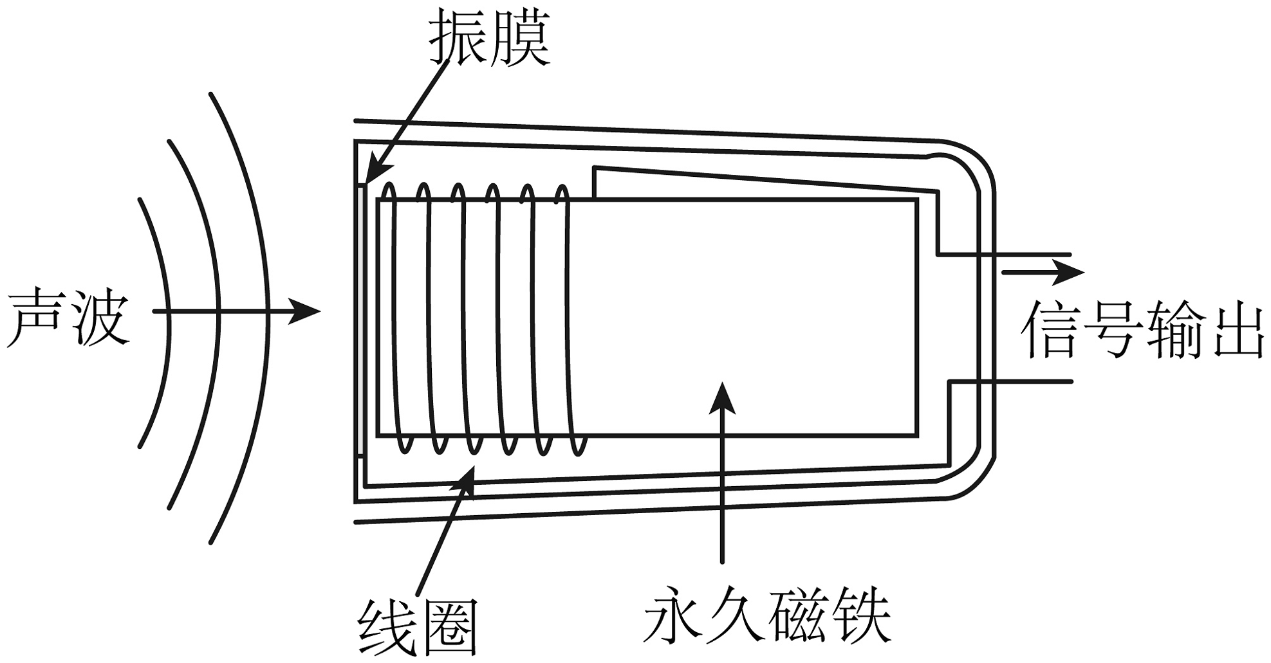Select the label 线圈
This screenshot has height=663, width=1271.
pyautogui.click(x=419, y=628)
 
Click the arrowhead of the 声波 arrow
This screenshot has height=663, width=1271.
pyautogui.click(x=303, y=312)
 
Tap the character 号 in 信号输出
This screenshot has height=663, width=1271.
pyautogui.click(x=1111, y=329)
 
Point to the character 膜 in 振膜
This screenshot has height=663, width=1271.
pyautogui.click(x=522, y=37)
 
